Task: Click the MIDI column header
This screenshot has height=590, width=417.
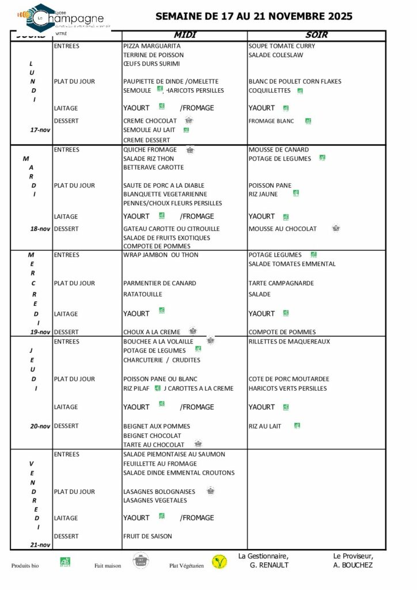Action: pos(185,35)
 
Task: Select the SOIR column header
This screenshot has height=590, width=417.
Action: pos(317,35)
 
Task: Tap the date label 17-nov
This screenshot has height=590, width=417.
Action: pos(40,130)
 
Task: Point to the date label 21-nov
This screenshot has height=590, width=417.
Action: pos(40,544)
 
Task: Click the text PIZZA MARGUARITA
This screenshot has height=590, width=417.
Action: pos(152,46)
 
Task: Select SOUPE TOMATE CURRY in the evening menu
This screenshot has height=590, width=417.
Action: pos(281,46)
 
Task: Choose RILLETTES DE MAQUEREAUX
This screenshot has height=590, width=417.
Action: pos(289,342)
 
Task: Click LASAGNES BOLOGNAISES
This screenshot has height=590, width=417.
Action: pos(159,491)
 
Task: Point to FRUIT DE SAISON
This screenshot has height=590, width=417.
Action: pos(147,536)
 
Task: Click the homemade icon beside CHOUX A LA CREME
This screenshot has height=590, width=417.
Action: pos(193,331)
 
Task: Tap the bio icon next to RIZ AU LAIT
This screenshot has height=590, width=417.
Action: pos(297,426)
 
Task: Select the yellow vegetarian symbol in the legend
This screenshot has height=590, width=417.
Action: pos(219,562)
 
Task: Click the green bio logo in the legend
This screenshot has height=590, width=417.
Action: pos(65,562)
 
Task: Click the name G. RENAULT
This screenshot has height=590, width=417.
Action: pos(269,565)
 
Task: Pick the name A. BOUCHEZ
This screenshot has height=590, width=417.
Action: pos(352,565)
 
